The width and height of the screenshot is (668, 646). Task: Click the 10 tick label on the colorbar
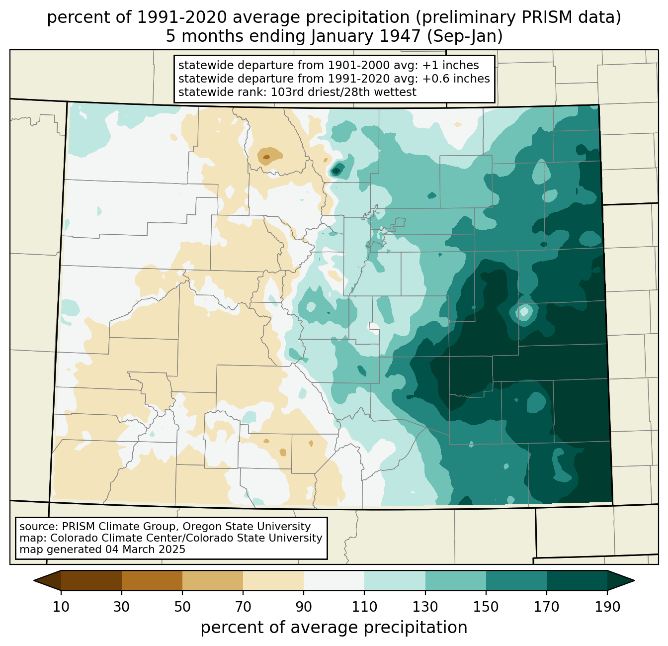click(x=61, y=607)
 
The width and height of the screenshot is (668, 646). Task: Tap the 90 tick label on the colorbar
click(x=304, y=607)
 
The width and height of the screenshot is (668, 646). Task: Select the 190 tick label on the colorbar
click(x=607, y=607)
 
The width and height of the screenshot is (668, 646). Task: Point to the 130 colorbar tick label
click(x=425, y=607)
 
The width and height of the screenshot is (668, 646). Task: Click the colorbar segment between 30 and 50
click(x=152, y=581)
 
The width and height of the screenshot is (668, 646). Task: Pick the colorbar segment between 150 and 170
click(x=516, y=581)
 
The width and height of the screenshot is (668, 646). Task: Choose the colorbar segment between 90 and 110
click(x=334, y=581)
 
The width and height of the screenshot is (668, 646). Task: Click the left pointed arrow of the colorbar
click(x=47, y=581)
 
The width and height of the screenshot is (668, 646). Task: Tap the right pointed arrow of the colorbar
click(x=621, y=581)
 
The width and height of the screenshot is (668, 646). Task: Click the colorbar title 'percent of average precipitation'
click(x=334, y=628)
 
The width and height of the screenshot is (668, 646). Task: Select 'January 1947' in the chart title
click(x=366, y=36)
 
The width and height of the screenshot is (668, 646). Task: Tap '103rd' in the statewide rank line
click(x=287, y=92)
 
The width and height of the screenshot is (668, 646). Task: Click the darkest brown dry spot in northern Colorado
click(x=266, y=157)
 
